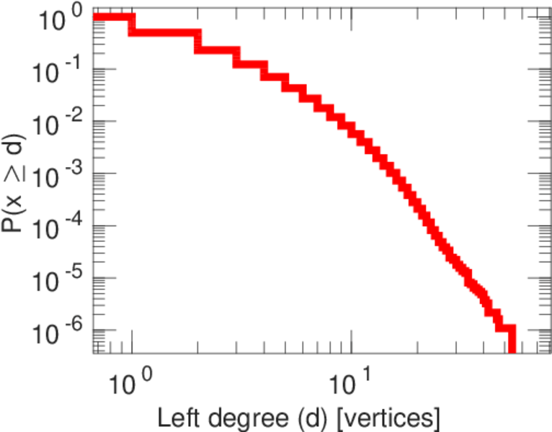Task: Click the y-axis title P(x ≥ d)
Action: pyautogui.click(x=16, y=184)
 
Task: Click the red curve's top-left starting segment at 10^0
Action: pyautogui.click(x=112, y=17)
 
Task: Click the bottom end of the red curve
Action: pyautogui.click(x=512, y=348)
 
